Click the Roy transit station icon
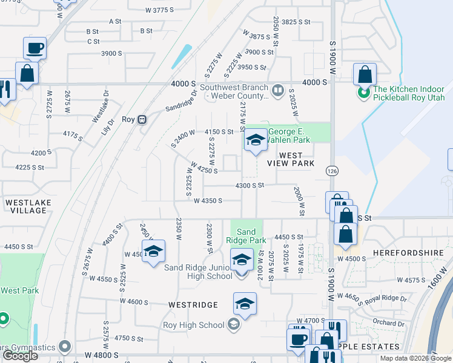click(143, 119)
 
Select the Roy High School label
click(194, 325)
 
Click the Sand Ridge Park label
click(246, 236)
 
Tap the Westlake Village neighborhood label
click(28, 206)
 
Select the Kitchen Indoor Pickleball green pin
click(364, 93)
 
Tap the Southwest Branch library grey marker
click(278, 91)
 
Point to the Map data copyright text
click(415, 358)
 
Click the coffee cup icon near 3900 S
click(35, 47)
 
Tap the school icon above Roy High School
click(245, 303)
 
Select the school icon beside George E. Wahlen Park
click(256, 140)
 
